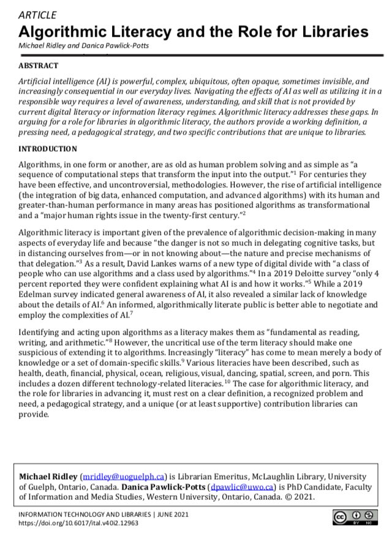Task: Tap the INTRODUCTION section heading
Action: (48, 149)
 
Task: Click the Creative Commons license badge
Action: (352, 518)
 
